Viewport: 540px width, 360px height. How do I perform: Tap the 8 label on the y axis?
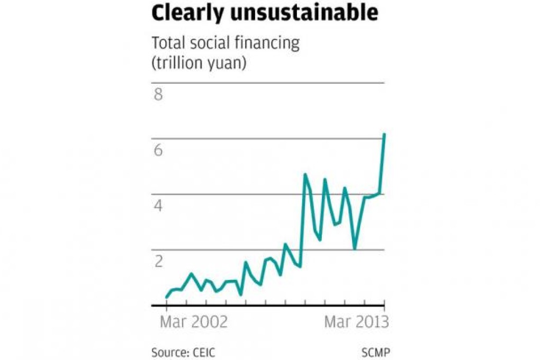[158, 96]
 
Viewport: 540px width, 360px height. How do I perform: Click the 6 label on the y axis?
[158, 151]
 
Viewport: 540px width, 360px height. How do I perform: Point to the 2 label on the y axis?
[158, 261]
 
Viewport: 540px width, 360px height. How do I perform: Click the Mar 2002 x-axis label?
[193, 321]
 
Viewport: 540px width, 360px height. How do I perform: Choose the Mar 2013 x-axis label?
[356, 321]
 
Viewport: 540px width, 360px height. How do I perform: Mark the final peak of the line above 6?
[384, 134]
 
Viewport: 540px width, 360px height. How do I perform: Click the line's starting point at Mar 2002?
[167, 297]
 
